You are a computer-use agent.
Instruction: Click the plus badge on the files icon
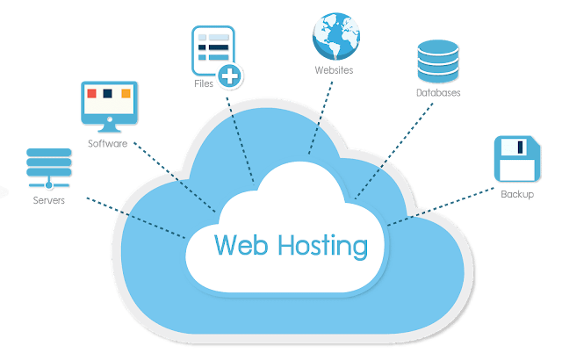230,76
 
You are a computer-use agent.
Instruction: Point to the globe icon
335,34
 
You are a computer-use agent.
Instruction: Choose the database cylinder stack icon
436,61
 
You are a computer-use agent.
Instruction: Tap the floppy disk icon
515,158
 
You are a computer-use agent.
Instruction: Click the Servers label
49,200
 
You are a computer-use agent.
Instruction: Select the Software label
108,142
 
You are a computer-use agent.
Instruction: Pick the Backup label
516,193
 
